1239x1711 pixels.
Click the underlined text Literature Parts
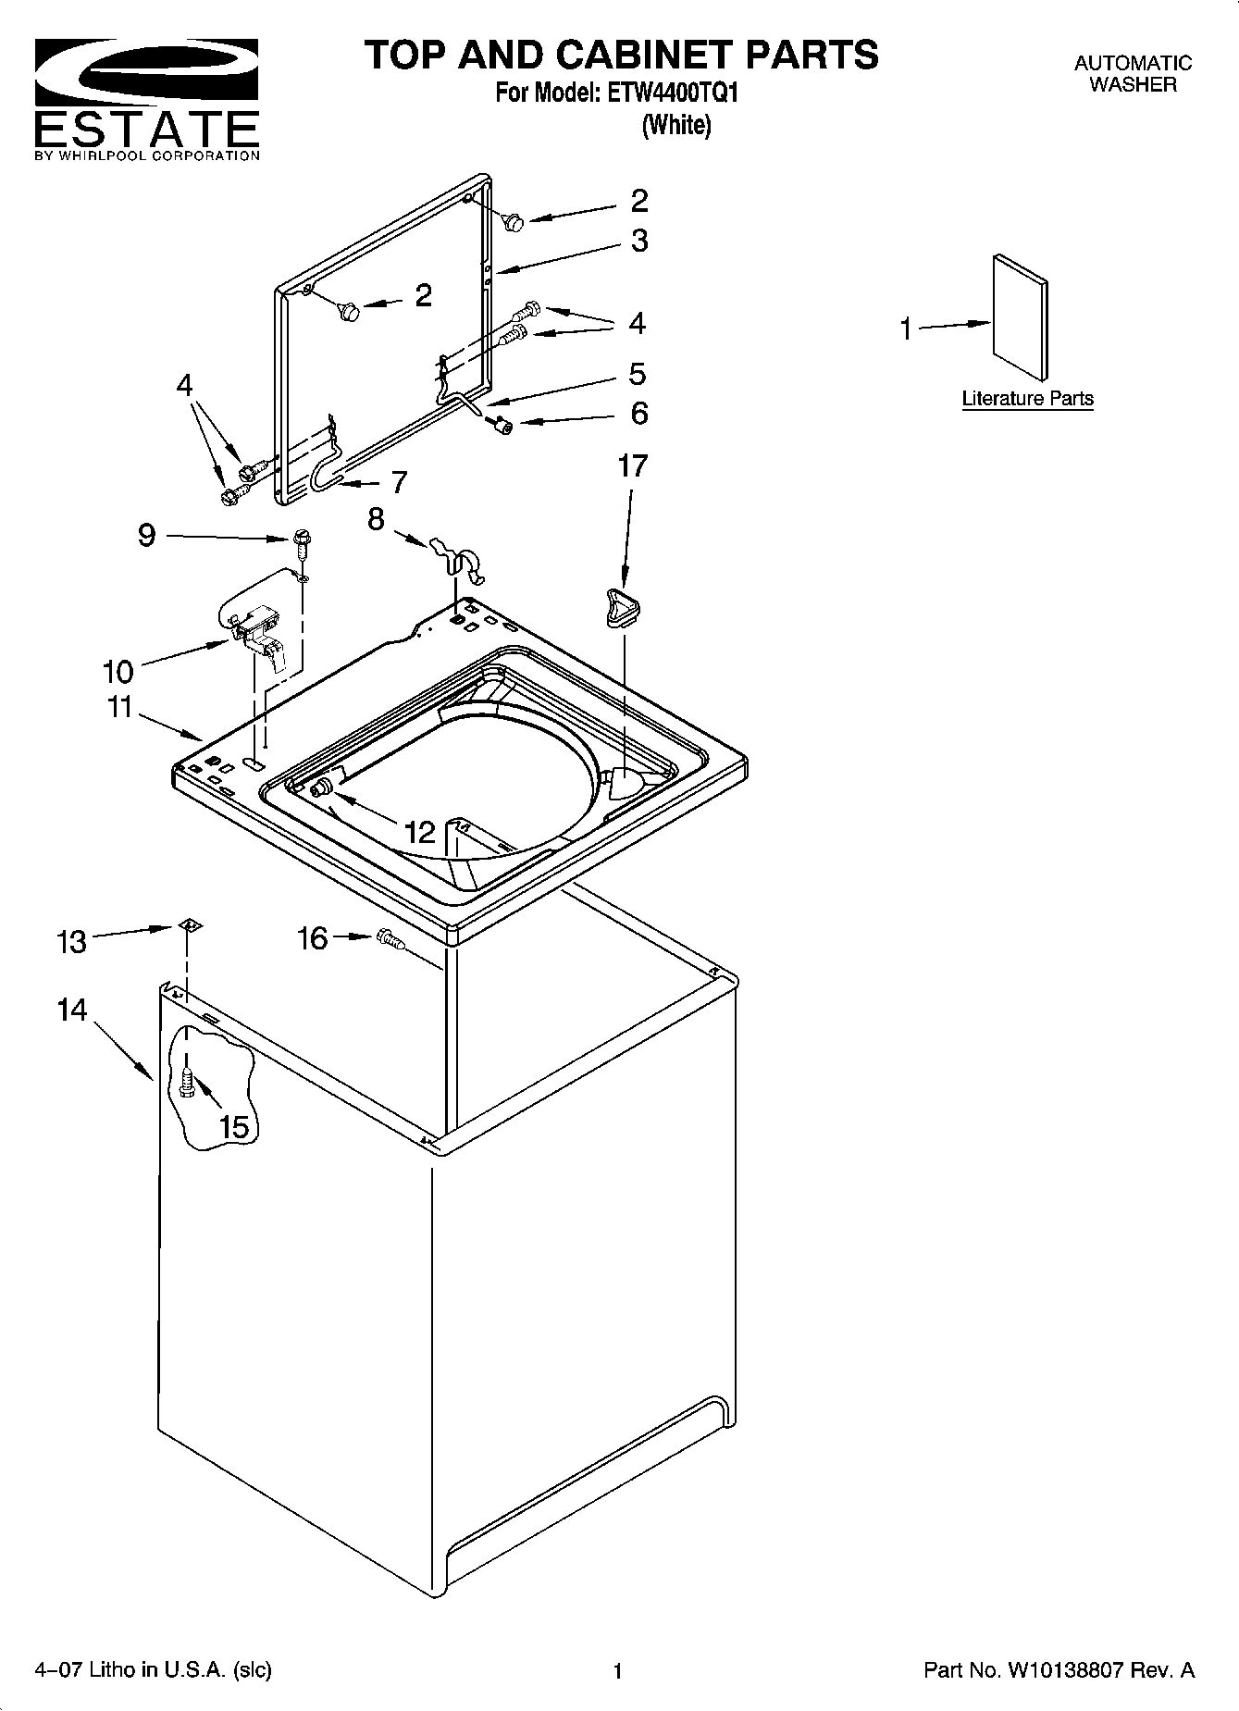coord(1027,399)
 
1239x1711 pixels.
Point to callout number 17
coord(633,466)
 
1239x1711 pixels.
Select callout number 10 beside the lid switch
coord(118,671)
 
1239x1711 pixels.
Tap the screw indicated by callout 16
coord(391,941)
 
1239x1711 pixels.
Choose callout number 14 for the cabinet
coord(71,1010)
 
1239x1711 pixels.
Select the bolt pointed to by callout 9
coord(302,539)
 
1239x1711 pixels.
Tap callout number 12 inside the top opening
coord(420,833)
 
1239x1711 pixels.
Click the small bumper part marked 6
coord(504,426)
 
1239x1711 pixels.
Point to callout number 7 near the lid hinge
coord(398,481)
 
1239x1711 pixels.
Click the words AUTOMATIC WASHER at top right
coord(1133,74)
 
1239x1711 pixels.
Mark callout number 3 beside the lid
coord(639,241)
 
